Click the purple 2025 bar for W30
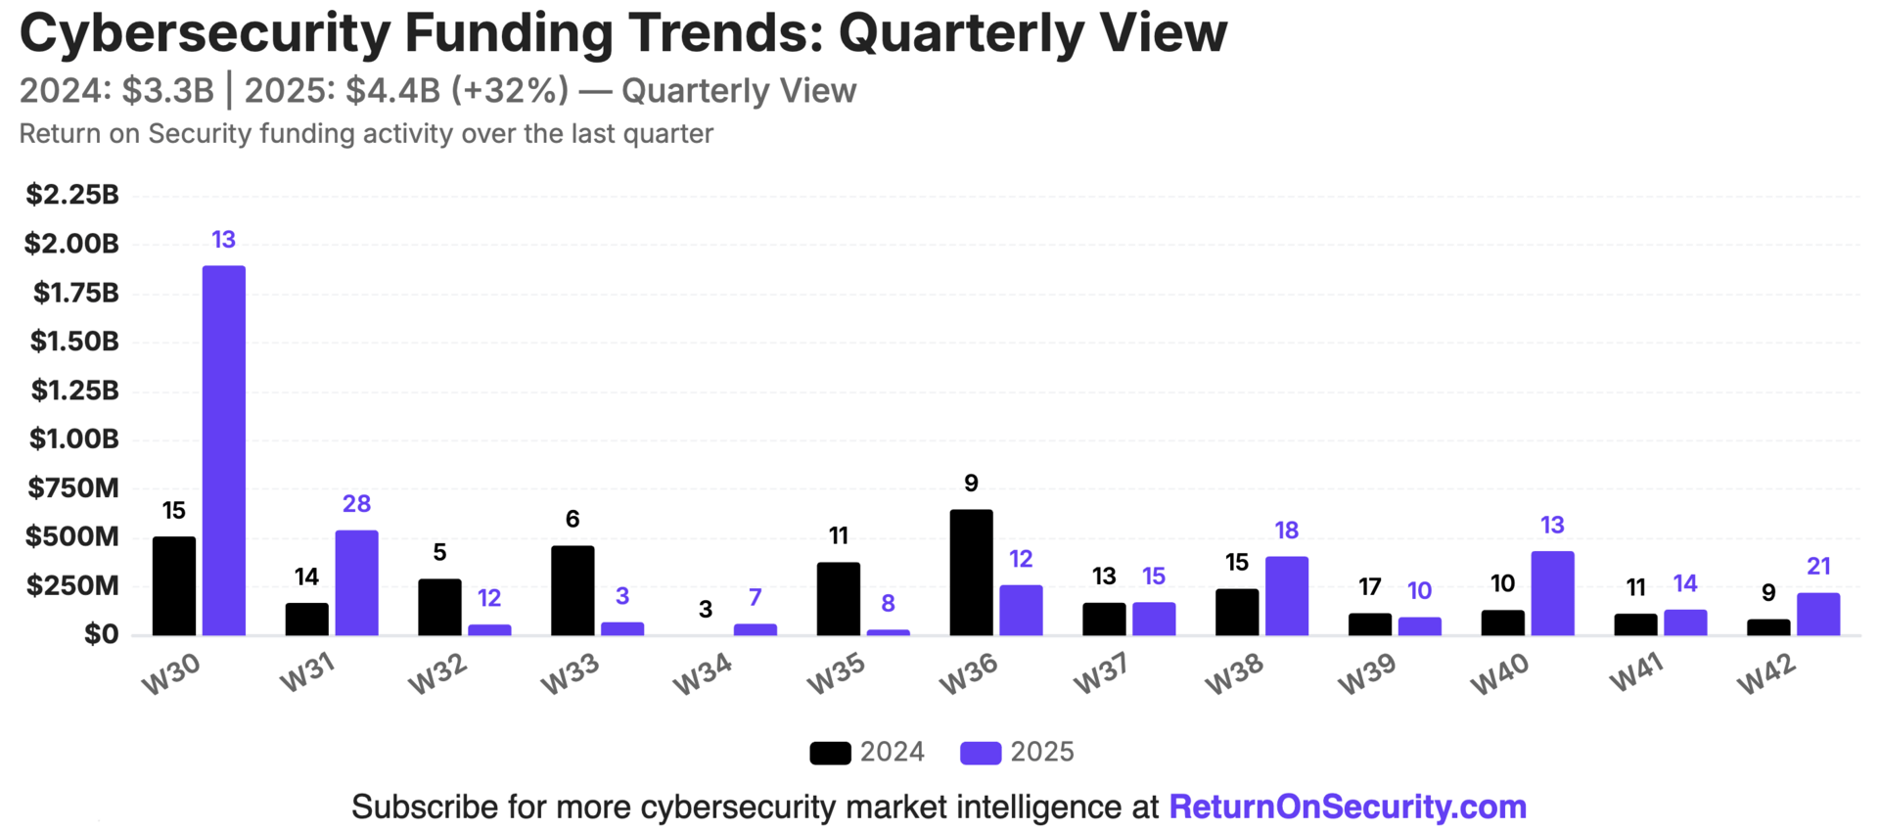[223, 450]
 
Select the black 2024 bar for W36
[971, 573]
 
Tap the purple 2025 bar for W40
[1552, 593]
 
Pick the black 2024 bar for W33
[573, 590]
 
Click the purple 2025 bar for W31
[356, 582]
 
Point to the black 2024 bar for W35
[839, 599]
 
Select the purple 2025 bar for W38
[1286, 596]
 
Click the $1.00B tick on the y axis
[74, 438]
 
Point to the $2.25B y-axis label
[72, 195]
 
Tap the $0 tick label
[101, 634]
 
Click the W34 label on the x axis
[703, 673]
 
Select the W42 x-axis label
[1766, 673]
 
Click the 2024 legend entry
[867, 752]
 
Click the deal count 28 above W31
[356, 504]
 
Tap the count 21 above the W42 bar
[1818, 567]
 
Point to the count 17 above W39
[1369, 587]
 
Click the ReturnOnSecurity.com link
[1348, 807]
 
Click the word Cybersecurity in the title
[205, 33]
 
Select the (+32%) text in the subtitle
[509, 90]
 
